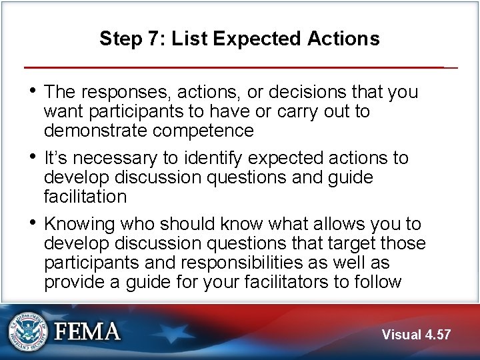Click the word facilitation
85,197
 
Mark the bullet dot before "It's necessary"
34,157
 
